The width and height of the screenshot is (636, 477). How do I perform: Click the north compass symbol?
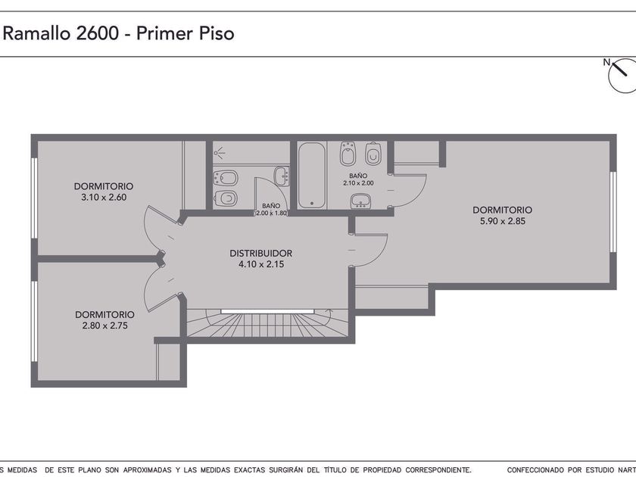[x=622, y=75]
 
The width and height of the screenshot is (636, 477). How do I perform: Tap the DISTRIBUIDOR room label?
[x=260, y=253]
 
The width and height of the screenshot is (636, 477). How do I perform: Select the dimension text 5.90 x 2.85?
[x=503, y=221]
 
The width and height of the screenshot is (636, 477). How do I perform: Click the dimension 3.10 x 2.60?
[x=104, y=198]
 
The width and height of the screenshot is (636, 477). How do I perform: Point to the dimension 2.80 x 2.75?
[x=105, y=326]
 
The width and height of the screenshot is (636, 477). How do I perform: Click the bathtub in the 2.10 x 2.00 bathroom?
[x=311, y=176]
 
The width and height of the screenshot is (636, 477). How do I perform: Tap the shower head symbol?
[x=220, y=153]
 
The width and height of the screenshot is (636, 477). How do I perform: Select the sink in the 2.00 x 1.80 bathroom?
[x=282, y=176]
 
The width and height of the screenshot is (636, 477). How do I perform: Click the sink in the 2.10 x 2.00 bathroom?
[x=360, y=201]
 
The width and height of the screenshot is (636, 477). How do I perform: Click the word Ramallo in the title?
[x=37, y=33]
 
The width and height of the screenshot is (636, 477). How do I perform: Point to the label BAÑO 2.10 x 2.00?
[x=358, y=179]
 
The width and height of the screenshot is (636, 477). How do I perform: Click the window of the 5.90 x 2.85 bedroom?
[x=613, y=212]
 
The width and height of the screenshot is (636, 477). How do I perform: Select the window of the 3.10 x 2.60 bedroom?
[x=35, y=198]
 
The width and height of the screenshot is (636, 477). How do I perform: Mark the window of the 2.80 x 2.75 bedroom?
[x=35, y=321]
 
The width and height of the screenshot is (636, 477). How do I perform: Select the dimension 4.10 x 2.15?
[x=261, y=264]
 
